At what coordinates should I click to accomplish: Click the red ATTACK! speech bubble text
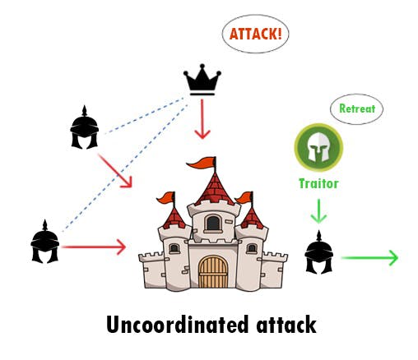point(256,34)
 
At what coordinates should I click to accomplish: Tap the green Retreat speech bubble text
point(357,108)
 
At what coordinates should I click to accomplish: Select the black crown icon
point(202,80)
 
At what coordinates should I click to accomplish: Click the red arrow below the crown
point(202,119)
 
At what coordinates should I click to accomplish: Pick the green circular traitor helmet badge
point(318,147)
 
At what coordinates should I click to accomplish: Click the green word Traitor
point(318,183)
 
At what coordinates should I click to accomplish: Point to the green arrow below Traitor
point(318,211)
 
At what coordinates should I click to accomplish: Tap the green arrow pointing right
point(369,258)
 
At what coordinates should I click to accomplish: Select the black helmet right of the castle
point(318,252)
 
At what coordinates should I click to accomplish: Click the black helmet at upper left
point(85,127)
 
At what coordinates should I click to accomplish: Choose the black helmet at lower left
point(45,242)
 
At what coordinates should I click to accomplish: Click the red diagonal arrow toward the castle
point(115,171)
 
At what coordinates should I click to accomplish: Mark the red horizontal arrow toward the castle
point(94,247)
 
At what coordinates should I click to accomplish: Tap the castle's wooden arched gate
point(213,272)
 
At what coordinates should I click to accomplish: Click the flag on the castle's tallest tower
point(202,163)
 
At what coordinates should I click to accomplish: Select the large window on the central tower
point(213,223)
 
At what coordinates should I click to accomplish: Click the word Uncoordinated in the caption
point(177,325)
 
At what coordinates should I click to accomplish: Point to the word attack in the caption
point(286,325)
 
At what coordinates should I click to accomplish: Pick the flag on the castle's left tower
point(166,198)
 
